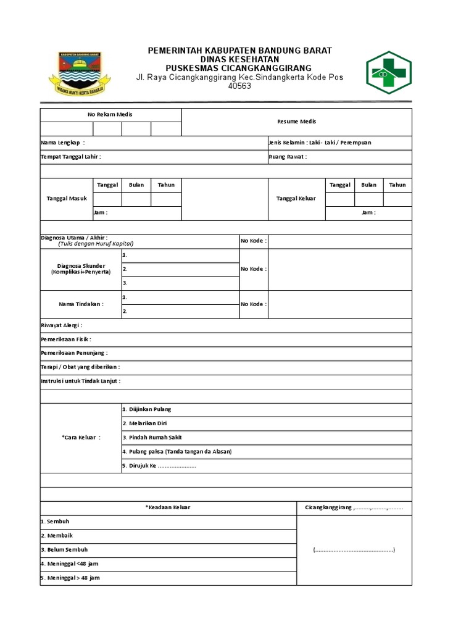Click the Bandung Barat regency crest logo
(80, 73)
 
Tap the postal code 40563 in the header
(239, 86)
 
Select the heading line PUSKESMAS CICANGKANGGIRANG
(239, 68)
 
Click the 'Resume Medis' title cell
(296, 122)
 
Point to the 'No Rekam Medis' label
(110, 114)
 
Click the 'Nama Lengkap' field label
(62, 143)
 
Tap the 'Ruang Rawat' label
(288, 157)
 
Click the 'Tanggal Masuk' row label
(67, 199)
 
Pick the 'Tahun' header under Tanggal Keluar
(397, 185)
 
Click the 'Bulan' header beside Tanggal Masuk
(136, 185)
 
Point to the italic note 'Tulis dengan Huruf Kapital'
(96, 244)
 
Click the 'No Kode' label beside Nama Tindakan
(254, 304)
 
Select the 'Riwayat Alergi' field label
(61, 325)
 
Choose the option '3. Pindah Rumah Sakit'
(148, 438)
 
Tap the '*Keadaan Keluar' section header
(168, 507)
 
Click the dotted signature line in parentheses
(354, 550)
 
